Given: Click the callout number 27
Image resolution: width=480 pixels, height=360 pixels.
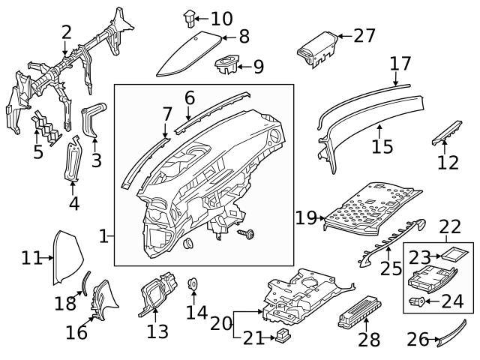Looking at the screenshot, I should coord(364,35).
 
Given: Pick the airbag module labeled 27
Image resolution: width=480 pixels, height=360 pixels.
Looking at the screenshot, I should coord(315,49).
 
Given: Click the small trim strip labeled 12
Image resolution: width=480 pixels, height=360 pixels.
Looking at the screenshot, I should coord(443,130).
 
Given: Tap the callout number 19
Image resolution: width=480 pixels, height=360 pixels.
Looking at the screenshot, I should coord(306,217).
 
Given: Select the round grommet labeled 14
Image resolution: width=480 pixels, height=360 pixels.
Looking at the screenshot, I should coord(191,283).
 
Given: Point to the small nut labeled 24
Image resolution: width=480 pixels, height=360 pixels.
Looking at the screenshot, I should coord(418,302).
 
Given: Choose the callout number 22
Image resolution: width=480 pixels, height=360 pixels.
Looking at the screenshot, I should coord(450,226).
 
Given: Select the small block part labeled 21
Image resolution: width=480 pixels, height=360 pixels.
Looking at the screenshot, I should coord(283,335).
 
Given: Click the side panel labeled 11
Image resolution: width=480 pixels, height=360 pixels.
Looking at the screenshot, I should coord(64,259).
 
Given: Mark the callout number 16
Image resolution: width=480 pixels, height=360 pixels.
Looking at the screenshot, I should coord(76,331).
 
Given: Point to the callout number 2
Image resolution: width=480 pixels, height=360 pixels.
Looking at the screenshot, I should coord(66,31).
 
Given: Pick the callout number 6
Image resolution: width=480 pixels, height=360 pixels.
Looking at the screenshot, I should coord(190,97).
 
